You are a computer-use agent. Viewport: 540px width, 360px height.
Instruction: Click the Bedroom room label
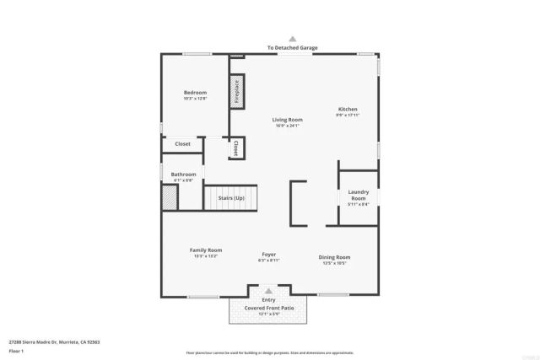point(195,93)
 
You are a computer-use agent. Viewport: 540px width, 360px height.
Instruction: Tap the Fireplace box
point(237,91)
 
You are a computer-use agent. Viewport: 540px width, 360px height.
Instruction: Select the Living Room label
point(287,120)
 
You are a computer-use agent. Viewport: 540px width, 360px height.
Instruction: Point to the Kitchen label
point(348,110)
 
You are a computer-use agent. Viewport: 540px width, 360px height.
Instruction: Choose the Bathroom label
point(183,175)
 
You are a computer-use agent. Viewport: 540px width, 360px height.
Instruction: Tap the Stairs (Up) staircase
point(231,198)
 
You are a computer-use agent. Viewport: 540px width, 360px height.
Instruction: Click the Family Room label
point(205,250)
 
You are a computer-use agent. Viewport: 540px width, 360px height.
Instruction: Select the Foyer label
point(268,255)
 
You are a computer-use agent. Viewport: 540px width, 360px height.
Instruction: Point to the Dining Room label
point(334,257)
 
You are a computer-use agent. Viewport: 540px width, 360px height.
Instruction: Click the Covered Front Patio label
point(268,309)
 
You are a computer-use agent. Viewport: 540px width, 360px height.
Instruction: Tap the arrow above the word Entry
point(268,292)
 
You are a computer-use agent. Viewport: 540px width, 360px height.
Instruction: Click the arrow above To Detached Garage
point(293,39)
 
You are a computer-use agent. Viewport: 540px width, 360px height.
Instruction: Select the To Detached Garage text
point(293,48)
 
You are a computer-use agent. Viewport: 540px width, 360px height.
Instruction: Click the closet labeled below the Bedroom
point(182,144)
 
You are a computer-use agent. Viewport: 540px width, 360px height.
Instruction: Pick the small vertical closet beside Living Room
point(235,148)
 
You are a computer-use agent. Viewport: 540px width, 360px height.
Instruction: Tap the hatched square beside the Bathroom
point(170,197)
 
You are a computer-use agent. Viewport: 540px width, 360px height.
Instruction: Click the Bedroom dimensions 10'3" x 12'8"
point(195,99)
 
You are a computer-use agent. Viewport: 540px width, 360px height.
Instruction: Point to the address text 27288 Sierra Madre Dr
point(54,342)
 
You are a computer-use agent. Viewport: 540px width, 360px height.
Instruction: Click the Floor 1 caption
point(17,352)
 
